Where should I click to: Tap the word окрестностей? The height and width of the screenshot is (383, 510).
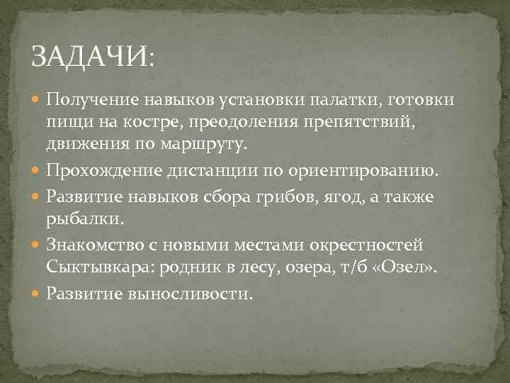click(x=365, y=245)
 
